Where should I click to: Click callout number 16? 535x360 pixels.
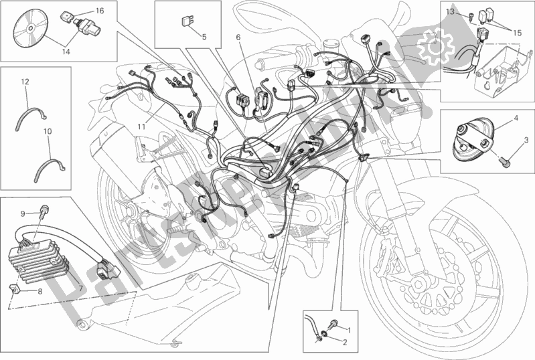99,11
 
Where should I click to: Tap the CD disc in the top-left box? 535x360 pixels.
30,30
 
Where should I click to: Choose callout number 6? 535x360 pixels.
237,38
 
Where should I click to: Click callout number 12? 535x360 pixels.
24,82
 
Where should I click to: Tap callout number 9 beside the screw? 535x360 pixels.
22,213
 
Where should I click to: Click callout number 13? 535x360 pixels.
449,12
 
